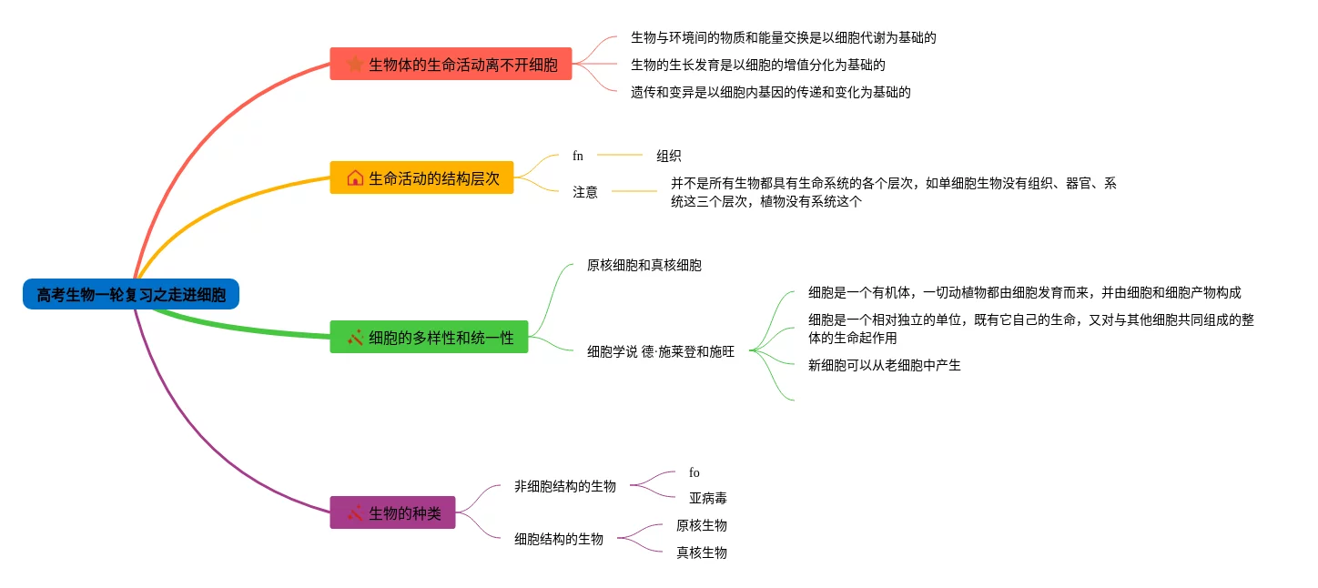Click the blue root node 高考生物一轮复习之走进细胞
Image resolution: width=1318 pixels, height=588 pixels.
131,294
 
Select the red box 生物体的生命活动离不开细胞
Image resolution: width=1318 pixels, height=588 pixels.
451,64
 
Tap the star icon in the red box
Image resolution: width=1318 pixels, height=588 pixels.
355,64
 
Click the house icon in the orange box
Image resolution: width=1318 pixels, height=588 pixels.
355,177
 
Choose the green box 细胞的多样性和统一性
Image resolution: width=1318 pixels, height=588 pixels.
429,337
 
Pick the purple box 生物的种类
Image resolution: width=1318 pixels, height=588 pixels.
392,512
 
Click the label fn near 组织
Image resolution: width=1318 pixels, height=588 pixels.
578,156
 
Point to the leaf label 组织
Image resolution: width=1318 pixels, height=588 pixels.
668,156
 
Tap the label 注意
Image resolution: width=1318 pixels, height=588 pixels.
585,192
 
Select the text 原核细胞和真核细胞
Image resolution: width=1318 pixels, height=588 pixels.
644,265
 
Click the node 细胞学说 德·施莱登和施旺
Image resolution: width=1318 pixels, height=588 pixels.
661,351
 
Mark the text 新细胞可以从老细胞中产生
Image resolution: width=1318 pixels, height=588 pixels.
884,365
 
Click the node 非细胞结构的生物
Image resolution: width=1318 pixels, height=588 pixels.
565,485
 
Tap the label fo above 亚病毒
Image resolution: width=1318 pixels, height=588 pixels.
694,472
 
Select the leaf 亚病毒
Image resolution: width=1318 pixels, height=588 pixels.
708,498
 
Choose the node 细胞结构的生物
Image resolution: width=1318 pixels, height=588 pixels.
558,539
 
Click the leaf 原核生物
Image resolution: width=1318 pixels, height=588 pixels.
702,525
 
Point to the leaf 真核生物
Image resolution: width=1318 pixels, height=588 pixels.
702,553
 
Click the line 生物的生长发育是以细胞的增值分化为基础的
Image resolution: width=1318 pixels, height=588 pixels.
758,65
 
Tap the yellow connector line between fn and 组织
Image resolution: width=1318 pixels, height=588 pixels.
620,155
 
